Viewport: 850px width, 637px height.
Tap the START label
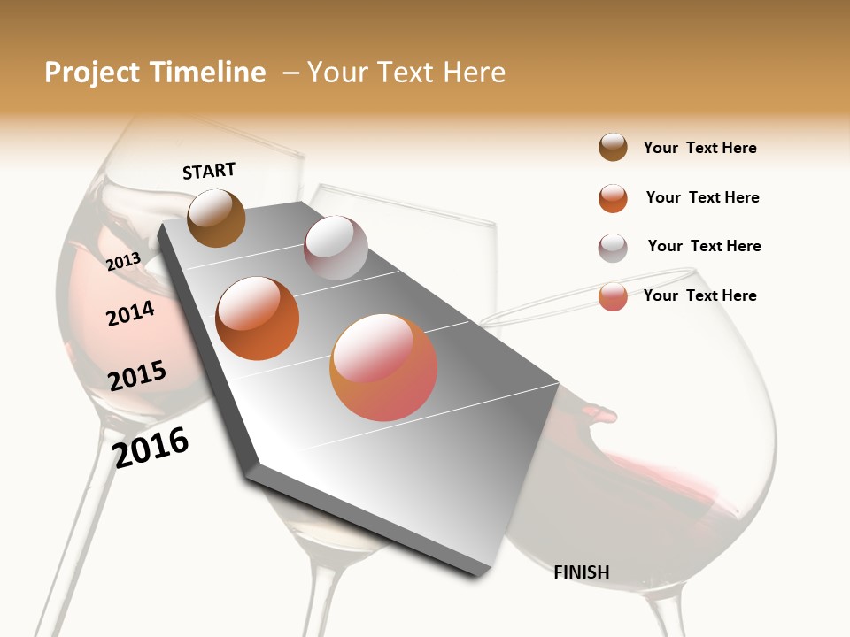[x=209, y=171]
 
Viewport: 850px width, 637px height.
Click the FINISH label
[x=581, y=572]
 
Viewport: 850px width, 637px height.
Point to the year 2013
[x=123, y=261]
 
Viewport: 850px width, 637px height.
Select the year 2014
[x=130, y=313]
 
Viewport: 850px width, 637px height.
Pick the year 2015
[x=137, y=375]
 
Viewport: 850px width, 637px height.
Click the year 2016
[x=151, y=447]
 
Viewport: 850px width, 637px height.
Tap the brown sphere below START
[x=217, y=219]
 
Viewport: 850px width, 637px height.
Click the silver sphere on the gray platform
[x=336, y=248]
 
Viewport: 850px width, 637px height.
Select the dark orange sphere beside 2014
[x=258, y=318]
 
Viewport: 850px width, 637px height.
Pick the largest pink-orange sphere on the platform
[x=383, y=367]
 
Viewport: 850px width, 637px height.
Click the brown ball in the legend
[x=613, y=148]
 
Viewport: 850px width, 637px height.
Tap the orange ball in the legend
[x=613, y=198]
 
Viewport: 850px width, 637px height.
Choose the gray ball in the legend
[x=613, y=248]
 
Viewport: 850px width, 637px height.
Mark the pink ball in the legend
[x=613, y=296]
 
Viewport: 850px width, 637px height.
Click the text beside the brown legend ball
[x=699, y=148]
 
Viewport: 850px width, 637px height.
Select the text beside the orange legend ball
[x=702, y=197]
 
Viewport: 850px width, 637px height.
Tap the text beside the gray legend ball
[x=704, y=246]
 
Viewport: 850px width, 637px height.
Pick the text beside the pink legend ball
[x=699, y=295]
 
